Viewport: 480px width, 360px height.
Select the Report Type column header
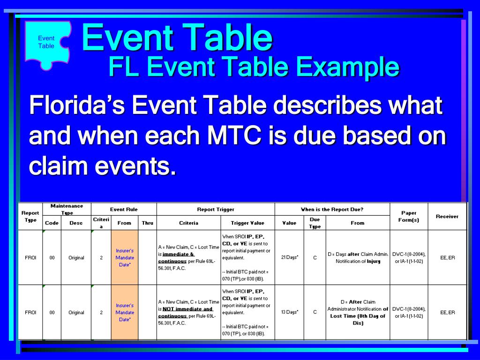(30, 216)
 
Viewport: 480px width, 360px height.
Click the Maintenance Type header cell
(67, 209)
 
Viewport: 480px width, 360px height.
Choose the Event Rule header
(124, 210)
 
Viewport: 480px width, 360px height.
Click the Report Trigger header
(216, 210)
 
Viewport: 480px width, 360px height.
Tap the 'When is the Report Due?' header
(332, 210)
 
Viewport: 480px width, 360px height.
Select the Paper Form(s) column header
(409, 216)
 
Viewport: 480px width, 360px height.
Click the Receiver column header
(447, 216)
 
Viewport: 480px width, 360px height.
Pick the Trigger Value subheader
(247, 223)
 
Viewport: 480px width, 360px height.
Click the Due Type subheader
(315, 223)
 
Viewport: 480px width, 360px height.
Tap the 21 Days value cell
(289, 257)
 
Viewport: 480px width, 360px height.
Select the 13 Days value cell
(289, 312)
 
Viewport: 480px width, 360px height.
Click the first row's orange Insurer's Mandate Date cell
(124, 257)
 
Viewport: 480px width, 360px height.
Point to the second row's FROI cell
(30, 312)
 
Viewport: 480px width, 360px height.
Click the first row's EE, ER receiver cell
(447, 257)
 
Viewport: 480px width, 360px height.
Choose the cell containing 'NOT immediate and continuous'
(188, 312)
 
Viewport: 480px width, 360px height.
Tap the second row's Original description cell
(76, 312)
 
